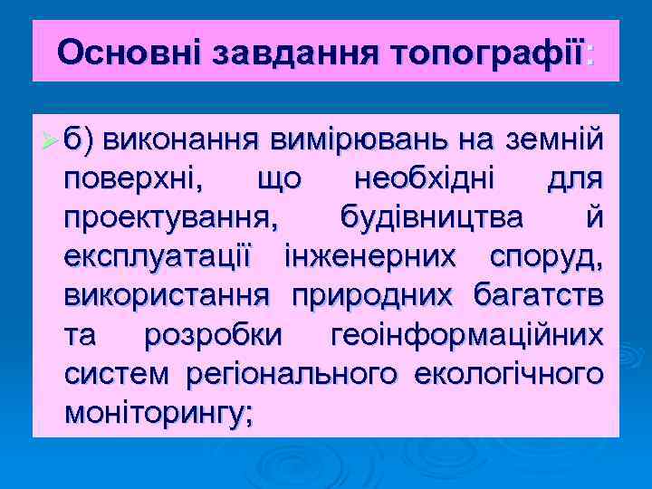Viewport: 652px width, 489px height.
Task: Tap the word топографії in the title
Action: pos(485,52)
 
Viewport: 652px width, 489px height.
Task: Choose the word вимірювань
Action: pos(357,141)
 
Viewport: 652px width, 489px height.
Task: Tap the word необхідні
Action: pos(425,179)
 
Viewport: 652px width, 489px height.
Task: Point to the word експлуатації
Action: pos(163,256)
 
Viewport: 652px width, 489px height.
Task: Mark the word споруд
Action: pos(543,256)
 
